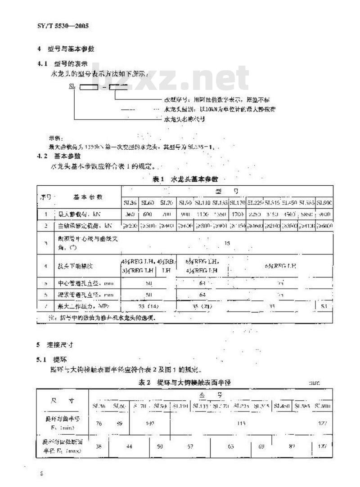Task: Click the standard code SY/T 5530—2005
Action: click(x=63, y=26)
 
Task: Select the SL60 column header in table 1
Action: click(x=147, y=203)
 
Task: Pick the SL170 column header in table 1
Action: click(x=237, y=203)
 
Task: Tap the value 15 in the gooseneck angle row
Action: click(x=227, y=243)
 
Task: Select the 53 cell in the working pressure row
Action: click(x=324, y=306)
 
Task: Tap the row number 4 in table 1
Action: click(x=46, y=266)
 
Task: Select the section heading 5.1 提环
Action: click(x=53, y=360)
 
